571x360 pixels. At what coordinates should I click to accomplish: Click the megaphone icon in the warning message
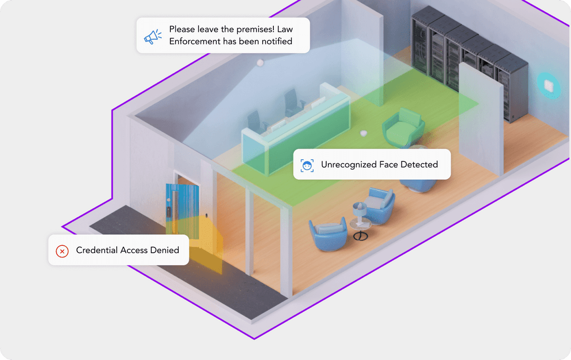coord(152,36)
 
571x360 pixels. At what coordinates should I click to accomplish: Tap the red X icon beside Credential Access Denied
coord(62,251)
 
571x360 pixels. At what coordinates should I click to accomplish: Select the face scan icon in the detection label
coord(307,165)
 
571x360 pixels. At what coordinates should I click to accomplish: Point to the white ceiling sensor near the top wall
coord(260,63)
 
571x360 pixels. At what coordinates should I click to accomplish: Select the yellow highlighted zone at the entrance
coord(206,246)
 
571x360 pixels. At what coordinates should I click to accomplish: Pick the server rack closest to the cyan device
coord(512,87)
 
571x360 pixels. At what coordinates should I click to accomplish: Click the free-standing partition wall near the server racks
coord(480,119)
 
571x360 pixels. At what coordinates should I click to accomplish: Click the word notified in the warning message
coord(275,41)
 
